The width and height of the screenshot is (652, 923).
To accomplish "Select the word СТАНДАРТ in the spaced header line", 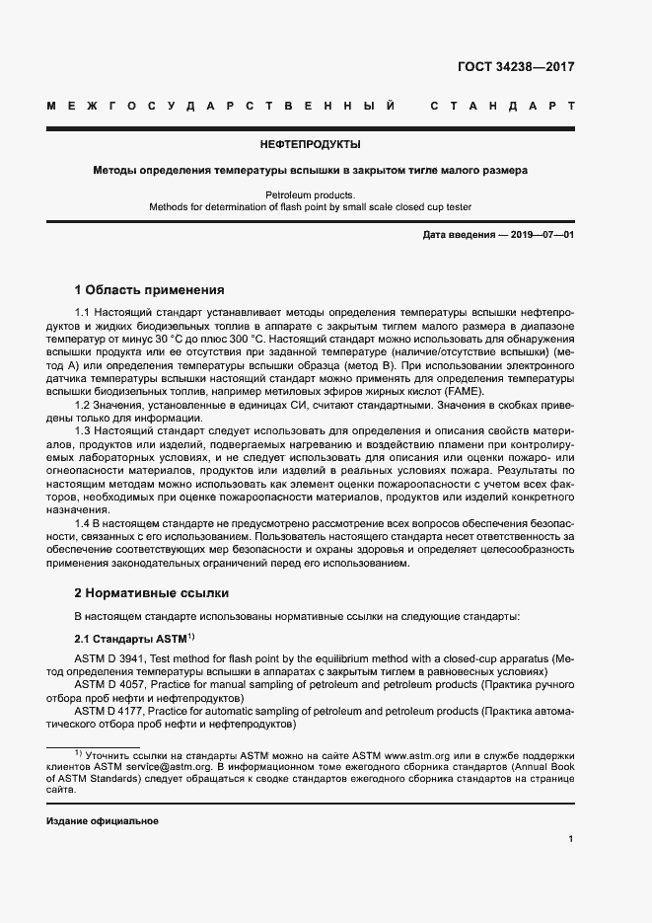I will tap(502, 105).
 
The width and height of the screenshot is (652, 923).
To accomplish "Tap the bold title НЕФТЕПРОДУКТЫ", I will tap(310, 144).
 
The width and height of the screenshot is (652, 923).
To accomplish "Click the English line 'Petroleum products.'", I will tap(310, 195).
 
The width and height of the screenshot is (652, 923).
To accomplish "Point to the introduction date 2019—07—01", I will tap(539, 235).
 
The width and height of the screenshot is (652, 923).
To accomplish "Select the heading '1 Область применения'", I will tap(150, 290).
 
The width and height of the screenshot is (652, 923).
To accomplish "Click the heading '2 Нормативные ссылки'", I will tap(152, 593).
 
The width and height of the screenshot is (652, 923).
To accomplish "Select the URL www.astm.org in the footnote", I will tap(418, 754).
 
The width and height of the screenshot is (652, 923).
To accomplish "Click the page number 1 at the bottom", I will tap(571, 839).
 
